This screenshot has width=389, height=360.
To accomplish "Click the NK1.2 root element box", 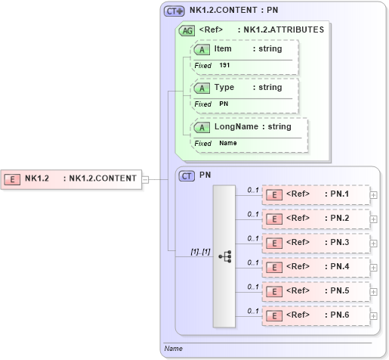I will (x=71, y=179).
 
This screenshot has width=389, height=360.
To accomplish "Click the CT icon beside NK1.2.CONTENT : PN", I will (x=174, y=11).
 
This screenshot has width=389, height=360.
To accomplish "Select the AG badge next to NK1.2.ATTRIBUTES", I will (x=186, y=30).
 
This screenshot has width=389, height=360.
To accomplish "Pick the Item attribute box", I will (x=245, y=49).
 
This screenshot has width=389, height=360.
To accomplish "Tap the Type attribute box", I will (x=245, y=88).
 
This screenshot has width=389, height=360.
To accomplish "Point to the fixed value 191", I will (x=224, y=66).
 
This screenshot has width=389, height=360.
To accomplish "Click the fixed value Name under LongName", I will (x=227, y=143).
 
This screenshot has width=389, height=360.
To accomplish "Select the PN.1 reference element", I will (x=315, y=194).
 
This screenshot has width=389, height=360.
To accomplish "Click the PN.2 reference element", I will (x=315, y=219).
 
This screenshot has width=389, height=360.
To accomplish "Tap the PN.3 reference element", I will (x=315, y=243).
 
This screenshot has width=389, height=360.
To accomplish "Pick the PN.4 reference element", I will (x=315, y=266).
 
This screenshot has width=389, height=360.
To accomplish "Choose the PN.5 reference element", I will (x=315, y=290).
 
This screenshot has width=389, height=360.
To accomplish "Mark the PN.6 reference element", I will (x=315, y=315).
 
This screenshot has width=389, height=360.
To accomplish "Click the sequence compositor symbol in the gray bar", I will (x=224, y=256).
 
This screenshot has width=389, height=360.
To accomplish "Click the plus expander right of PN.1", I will (x=374, y=194).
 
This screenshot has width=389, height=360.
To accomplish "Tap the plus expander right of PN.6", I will (x=374, y=315).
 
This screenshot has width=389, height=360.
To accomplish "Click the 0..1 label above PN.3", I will (x=253, y=237).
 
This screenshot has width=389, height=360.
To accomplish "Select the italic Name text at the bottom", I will (x=174, y=349).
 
